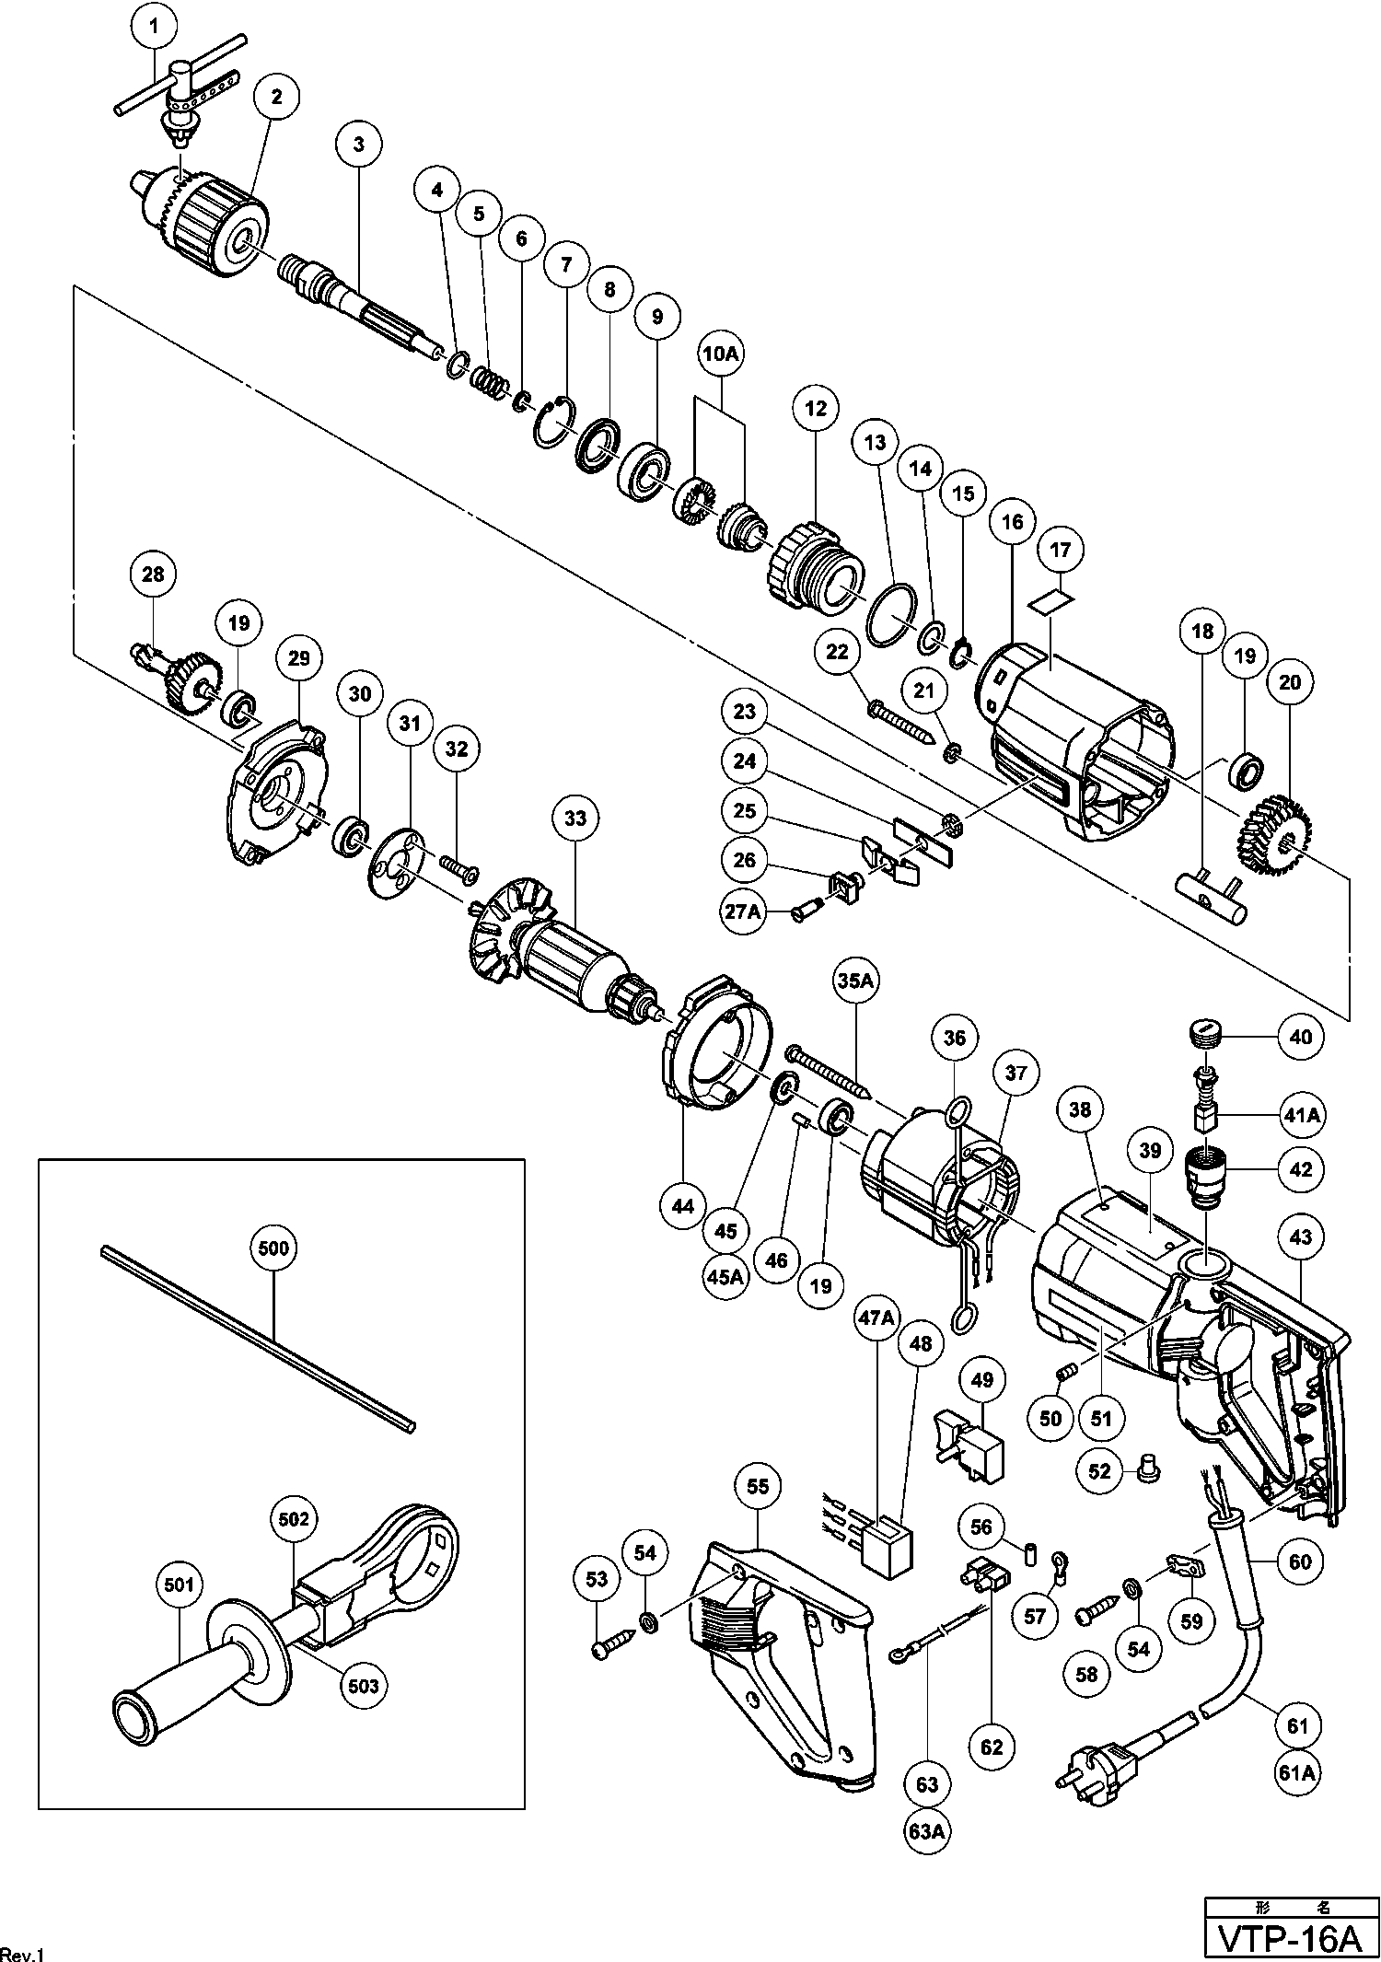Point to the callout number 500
[274, 1248]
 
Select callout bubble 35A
[855, 982]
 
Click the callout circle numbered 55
[758, 1487]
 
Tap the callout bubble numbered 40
[1300, 1037]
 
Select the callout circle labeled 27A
[744, 912]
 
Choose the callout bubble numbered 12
[816, 407]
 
